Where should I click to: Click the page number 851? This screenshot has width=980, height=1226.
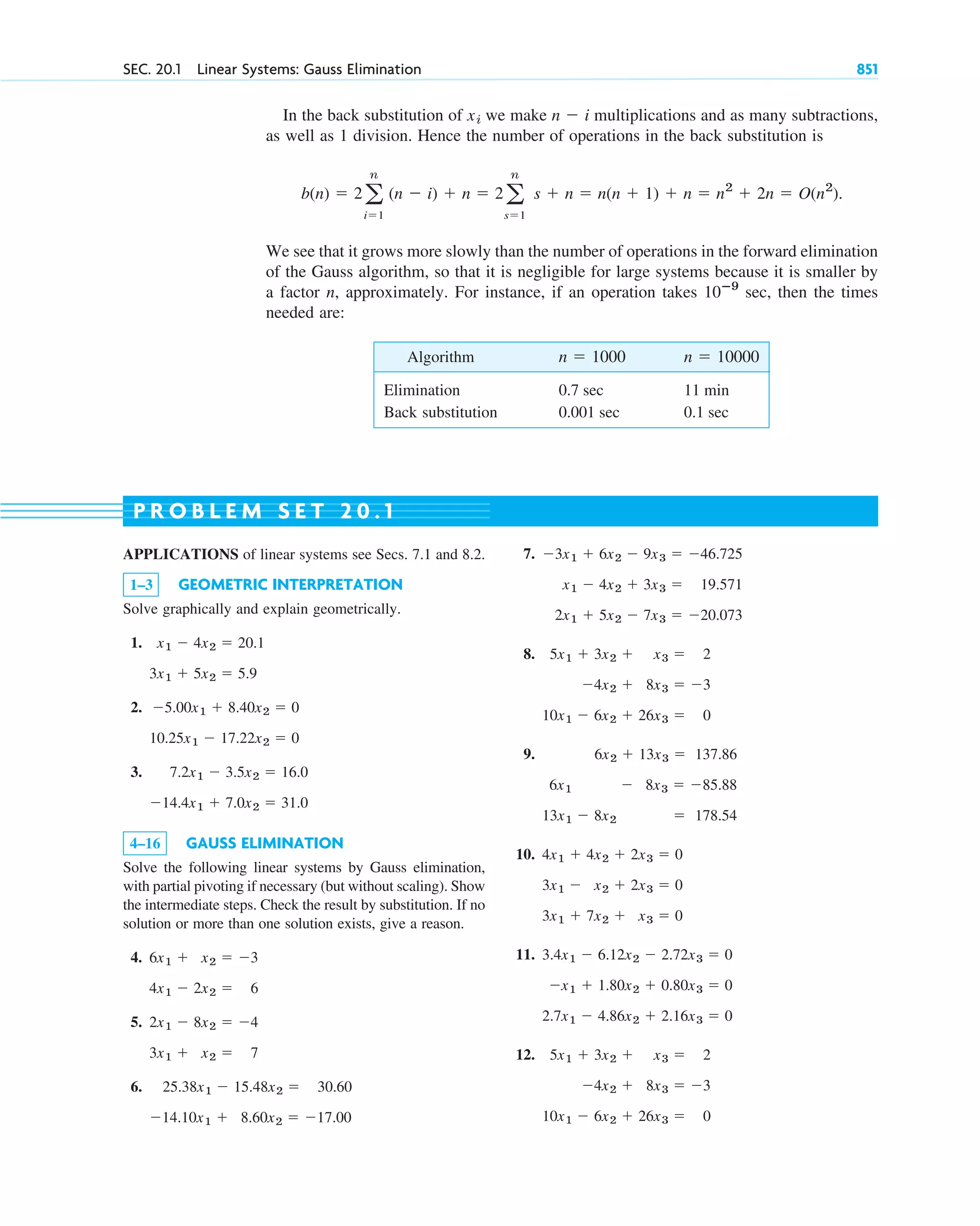[866, 69]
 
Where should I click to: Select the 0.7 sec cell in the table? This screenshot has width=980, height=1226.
[580, 390]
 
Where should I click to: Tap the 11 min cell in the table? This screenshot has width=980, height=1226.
[705, 390]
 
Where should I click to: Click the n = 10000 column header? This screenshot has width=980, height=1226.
[720, 357]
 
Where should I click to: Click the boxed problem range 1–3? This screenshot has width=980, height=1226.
[141, 585]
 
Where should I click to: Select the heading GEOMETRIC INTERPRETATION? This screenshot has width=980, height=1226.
[290, 585]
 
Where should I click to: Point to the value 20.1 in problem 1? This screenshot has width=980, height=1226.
[250, 643]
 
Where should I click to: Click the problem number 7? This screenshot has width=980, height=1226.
[529, 554]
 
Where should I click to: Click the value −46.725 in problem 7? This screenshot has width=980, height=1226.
[715, 554]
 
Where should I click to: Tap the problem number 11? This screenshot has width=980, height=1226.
[524, 955]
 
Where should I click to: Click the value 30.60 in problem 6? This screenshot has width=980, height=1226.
[334, 1087]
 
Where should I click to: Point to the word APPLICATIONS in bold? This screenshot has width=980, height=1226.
[181, 554]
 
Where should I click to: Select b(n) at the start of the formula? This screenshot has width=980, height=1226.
[315, 193]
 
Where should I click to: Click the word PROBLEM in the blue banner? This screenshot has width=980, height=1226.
[197, 511]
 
